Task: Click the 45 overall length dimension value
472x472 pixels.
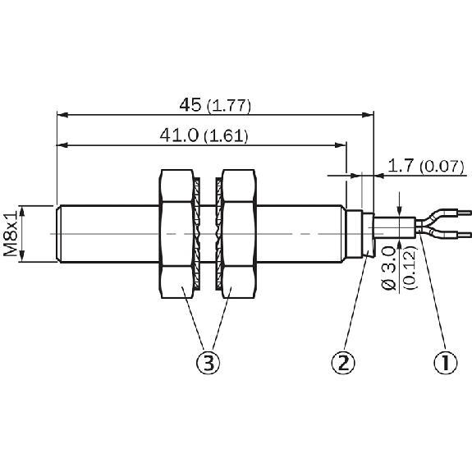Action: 190,105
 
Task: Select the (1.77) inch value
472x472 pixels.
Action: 229,106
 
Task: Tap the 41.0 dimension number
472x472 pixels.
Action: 179,135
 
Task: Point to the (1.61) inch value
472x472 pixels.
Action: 226,136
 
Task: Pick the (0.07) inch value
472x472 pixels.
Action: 442,167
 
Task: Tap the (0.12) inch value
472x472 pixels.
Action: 410,268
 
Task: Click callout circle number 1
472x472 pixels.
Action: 445,362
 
